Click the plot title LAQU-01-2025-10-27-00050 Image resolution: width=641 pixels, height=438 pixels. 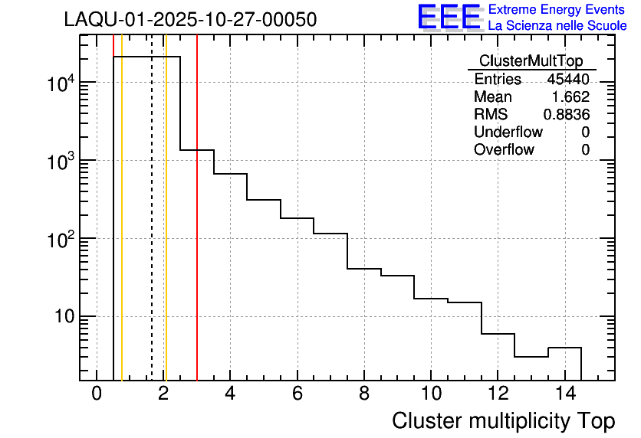[190, 20]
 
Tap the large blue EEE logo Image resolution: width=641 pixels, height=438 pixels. [449, 18]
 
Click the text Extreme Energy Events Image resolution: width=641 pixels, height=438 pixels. [557, 10]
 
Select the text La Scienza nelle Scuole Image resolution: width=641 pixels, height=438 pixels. [557, 26]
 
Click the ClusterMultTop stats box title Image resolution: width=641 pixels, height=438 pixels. [531, 61]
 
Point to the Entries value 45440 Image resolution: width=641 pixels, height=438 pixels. [568, 80]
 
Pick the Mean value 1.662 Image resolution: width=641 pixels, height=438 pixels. [570, 97]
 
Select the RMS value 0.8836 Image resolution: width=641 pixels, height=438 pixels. [567, 115]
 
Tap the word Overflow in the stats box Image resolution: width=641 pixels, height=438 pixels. [504, 150]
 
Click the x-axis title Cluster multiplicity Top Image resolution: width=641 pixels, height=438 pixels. [503, 421]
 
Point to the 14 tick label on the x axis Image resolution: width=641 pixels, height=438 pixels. [564, 394]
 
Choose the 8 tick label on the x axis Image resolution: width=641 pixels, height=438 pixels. [363, 394]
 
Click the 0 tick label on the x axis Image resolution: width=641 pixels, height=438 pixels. [97, 394]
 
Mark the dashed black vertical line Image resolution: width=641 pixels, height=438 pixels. [152, 230]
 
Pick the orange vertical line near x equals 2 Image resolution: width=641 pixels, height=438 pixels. [166, 230]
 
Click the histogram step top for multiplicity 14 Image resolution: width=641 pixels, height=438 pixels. [564, 348]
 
